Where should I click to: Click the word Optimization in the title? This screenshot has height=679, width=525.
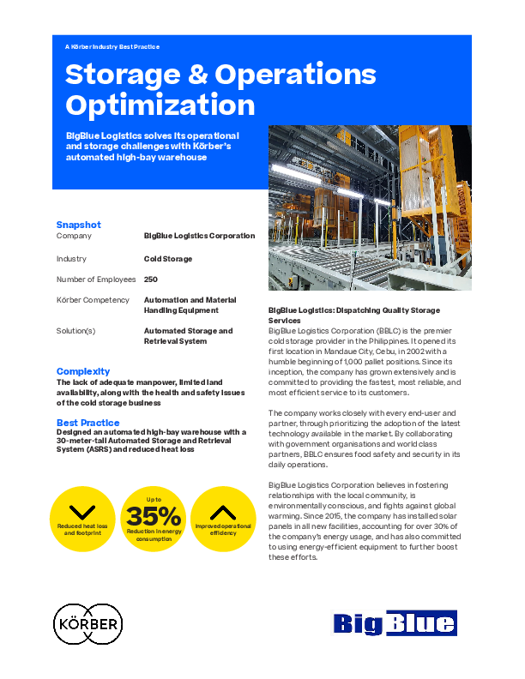[160, 105]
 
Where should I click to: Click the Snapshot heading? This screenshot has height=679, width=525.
[79, 225]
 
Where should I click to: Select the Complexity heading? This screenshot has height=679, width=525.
[83, 371]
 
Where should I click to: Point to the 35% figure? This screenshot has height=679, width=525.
[154, 516]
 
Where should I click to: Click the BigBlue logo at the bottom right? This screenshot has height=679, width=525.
[394, 623]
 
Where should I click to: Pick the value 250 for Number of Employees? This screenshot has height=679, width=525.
[151, 279]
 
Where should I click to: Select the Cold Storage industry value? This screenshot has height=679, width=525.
[168, 259]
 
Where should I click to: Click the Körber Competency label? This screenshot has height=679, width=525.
[93, 300]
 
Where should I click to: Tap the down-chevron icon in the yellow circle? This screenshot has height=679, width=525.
[82, 512]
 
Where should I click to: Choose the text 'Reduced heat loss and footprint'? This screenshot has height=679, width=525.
[82, 528]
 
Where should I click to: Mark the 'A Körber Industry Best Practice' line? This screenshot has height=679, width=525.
[112, 47]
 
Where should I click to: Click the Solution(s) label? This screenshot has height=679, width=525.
[75, 331]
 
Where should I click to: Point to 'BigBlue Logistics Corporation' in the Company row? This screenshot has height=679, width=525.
[199, 236]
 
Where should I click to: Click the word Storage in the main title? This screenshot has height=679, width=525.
[120, 75]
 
